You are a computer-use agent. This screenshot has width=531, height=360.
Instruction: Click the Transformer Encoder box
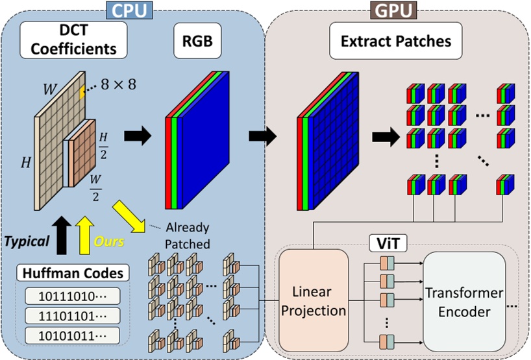pos(463,302)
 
